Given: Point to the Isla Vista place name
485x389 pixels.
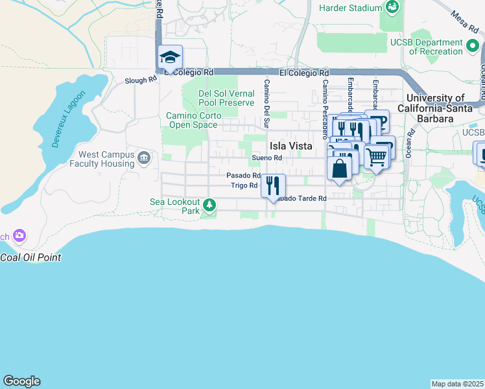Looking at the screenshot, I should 291,146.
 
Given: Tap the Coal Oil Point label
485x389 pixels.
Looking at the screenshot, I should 30,257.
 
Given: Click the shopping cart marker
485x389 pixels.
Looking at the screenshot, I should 376,156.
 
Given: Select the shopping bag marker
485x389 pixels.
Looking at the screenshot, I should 340,168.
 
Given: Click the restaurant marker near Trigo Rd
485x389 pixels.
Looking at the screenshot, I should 273,185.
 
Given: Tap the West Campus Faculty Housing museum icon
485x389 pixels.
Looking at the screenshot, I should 144,157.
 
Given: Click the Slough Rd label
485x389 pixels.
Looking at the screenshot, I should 141,80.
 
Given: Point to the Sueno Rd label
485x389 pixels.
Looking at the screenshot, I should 267,158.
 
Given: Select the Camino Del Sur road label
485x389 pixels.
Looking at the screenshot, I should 266,103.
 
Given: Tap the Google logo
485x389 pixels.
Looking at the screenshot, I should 21,381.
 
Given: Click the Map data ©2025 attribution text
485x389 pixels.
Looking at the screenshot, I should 457,384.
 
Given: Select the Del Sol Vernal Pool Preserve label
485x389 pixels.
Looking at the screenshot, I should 227,98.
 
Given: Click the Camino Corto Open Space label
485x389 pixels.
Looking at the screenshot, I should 194,120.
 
